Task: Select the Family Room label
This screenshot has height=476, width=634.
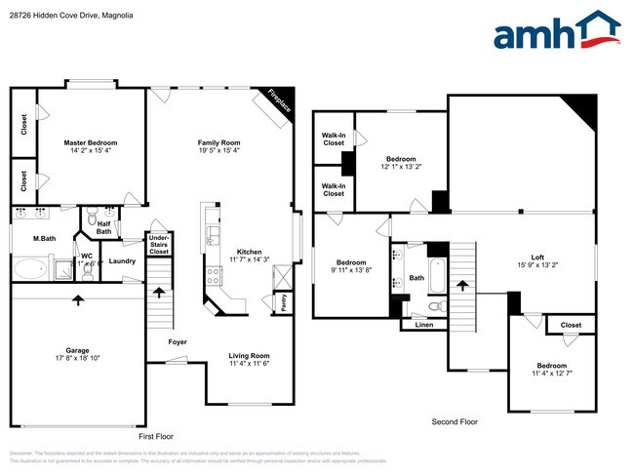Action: click(218, 142)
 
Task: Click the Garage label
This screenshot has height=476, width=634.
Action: click(78, 350)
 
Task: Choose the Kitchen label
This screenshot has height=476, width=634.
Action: click(249, 252)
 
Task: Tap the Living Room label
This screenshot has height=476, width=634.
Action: click(249, 356)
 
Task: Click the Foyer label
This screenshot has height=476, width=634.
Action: click(178, 342)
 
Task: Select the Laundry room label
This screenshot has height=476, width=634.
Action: click(122, 260)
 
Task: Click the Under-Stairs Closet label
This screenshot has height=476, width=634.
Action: click(158, 244)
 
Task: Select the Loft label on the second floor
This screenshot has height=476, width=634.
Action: click(537, 257)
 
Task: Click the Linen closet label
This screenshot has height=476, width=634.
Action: click(423, 325)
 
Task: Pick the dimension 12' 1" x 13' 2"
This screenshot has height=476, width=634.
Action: click(401, 166)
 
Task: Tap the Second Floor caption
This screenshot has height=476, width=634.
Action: click(455, 421)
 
